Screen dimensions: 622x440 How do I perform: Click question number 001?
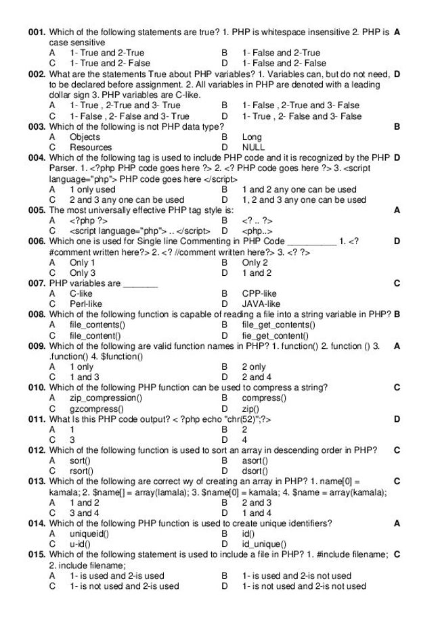pos(37,32)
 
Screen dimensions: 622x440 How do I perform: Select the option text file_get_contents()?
pos(277,325)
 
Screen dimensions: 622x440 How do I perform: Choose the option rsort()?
pos(81,471)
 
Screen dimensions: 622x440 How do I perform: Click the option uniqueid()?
pos(89,533)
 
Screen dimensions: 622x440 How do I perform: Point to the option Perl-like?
pos(85,304)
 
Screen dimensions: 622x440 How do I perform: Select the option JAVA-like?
pos(261,304)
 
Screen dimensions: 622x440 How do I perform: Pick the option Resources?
pos(91,147)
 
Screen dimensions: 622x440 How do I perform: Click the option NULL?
pos(253,147)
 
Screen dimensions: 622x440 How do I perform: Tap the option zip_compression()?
pos(106,398)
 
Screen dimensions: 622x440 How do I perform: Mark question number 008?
pos(37,314)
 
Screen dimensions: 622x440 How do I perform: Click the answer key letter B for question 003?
pos(397,126)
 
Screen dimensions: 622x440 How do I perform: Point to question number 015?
pos(37,555)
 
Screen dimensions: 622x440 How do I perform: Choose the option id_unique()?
pos(264,544)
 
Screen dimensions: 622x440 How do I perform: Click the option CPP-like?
pos(259,293)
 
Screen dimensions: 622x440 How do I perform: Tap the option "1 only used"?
pos(92,189)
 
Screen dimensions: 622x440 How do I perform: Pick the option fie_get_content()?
pos(275,335)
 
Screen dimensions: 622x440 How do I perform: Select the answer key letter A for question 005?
pos(397,210)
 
